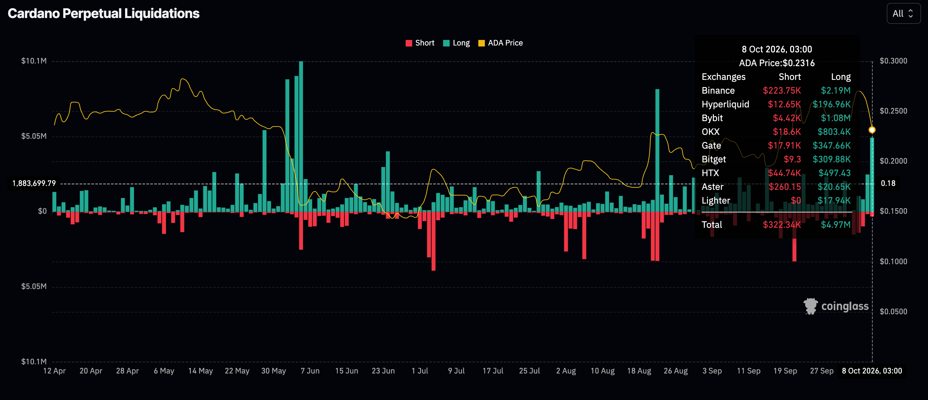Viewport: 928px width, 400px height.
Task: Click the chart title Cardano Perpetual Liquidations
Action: [x=103, y=14]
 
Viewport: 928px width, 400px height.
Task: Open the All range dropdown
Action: [x=903, y=14]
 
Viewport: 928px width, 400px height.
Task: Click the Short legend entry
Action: [x=420, y=43]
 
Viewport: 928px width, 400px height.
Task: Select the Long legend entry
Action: [x=456, y=43]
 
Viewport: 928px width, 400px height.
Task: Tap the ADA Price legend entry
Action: [x=500, y=43]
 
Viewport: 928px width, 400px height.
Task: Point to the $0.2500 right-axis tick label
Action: [x=893, y=111]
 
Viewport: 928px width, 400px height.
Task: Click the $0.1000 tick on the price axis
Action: [x=893, y=262]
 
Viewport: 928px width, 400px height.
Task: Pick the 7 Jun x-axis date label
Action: [x=310, y=371]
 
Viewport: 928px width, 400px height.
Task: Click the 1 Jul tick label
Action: [x=420, y=371]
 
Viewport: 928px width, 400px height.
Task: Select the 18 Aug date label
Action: [x=639, y=371]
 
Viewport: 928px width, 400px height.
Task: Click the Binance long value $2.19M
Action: [x=835, y=90]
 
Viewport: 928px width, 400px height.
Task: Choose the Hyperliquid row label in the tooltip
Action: [x=725, y=104]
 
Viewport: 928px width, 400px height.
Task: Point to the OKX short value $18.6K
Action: [x=787, y=132]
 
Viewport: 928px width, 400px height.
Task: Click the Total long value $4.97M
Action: [x=835, y=225]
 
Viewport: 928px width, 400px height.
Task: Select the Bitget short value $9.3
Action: [x=792, y=159]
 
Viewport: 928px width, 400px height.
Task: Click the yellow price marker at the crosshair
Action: [x=872, y=130]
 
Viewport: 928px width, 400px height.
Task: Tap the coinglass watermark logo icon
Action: [x=810, y=306]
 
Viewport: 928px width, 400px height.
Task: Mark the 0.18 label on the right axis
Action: [x=888, y=183]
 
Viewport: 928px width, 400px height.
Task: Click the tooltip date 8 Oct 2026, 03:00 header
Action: [x=777, y=49]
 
